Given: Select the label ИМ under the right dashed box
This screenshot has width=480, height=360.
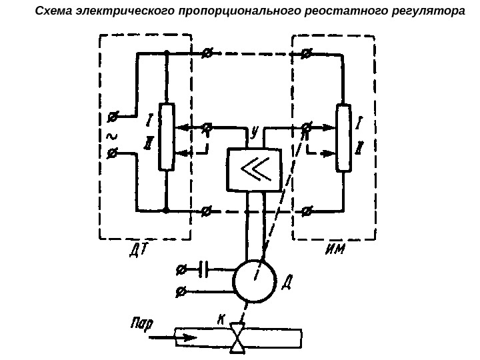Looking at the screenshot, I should [335, 250].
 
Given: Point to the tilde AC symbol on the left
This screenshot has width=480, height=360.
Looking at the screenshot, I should [111, 136].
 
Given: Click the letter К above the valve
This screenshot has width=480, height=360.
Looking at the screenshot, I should [221, 319].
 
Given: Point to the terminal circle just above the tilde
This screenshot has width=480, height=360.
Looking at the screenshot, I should [111, 119].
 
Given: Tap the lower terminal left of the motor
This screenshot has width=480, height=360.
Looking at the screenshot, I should [180, 291].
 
